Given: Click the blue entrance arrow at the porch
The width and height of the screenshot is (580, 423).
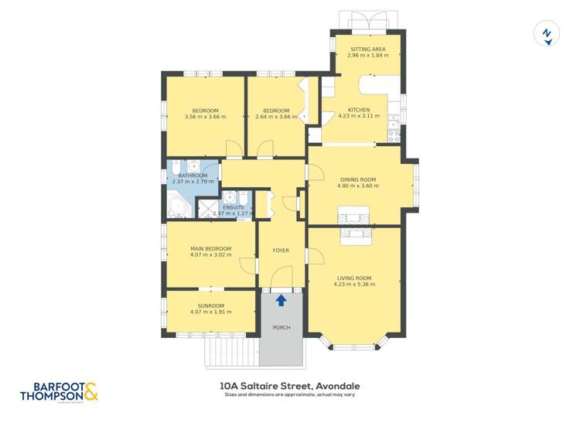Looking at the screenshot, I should click(x=281, y=300).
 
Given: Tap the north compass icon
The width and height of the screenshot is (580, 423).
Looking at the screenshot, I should click(x=547, y=34).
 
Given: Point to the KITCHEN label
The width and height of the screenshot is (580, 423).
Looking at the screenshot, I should click(x=359, y=110).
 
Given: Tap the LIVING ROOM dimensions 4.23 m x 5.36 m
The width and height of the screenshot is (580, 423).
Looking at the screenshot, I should click(x=354, y=285).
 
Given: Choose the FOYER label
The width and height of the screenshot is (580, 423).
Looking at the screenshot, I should click(x=281, y=251).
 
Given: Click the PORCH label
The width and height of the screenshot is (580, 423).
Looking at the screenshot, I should click(x=281, y=328).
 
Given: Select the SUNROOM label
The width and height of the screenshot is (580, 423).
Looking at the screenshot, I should click(x=210, y=305).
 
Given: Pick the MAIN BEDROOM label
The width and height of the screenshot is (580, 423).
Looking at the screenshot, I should click(x=210, y=248).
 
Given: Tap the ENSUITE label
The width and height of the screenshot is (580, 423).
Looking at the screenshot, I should click(x=234, y=207).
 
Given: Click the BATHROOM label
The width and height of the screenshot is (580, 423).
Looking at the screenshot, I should click(x=193, y=176).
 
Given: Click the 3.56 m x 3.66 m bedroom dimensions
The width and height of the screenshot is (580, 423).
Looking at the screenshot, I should click(x=205, y=117).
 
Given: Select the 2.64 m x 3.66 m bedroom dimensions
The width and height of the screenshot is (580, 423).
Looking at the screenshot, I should click(x=276, y=117).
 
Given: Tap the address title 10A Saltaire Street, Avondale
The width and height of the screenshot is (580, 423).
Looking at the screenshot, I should click(x=290, y=386).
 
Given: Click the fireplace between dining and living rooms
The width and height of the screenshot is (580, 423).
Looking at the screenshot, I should click(x=354, y=223).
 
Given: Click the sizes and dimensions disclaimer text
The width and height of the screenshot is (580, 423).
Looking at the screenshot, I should click(x=290, y=395).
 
